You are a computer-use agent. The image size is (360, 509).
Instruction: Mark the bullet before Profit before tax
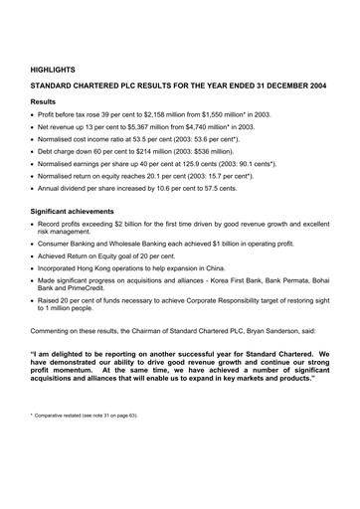point(34,114)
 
